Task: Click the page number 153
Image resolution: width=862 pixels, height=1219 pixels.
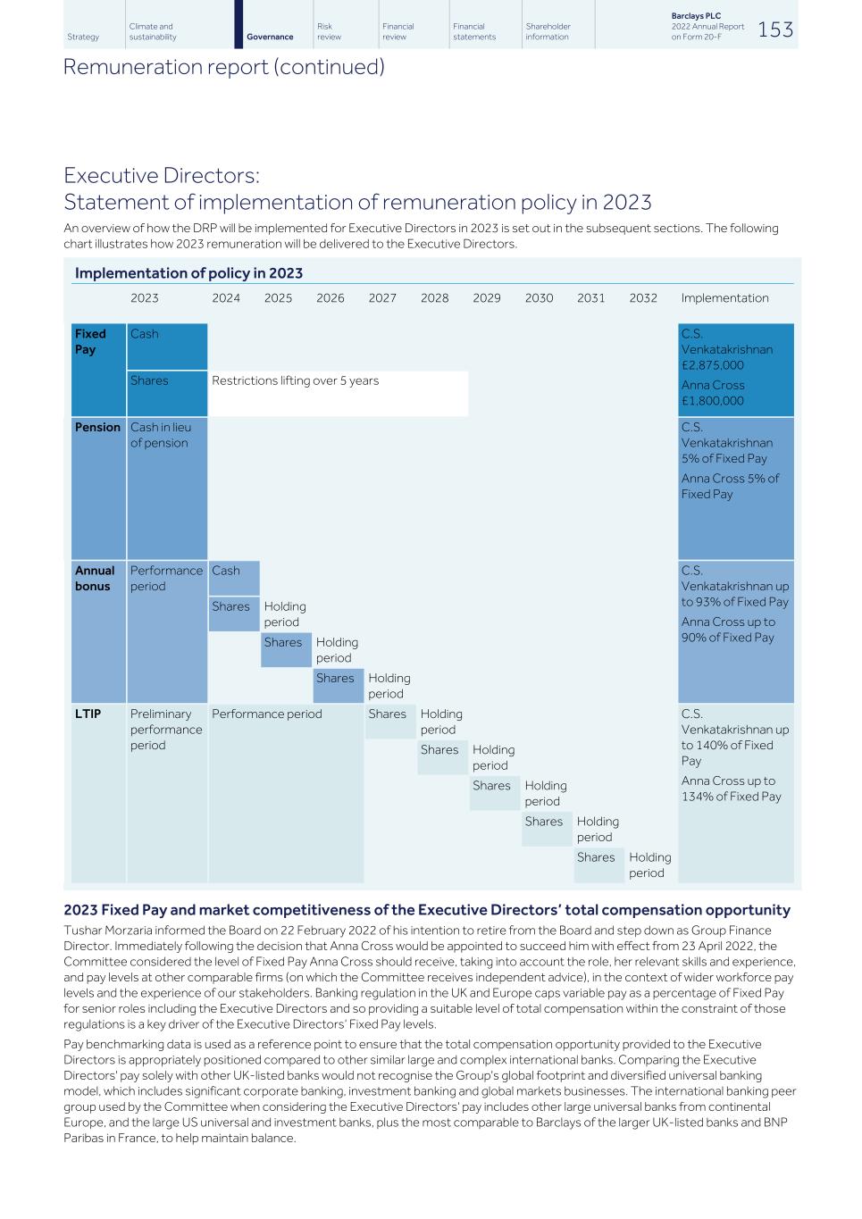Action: (x=774, y=29)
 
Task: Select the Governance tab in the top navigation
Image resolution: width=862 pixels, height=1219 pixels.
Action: (x=270, y=37)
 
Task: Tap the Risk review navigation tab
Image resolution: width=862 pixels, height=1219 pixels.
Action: (x=330, y=32)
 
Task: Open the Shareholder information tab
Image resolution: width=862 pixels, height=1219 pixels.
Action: (x=548, y=32)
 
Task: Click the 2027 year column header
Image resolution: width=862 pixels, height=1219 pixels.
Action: (x=382, y=298)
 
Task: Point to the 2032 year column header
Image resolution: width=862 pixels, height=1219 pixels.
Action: (x=643, y=298)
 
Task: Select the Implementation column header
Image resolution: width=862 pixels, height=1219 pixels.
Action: (x=724, y=298)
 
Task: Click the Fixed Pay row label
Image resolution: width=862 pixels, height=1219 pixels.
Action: (x=90, y=342)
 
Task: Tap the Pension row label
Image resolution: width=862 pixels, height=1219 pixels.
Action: (x=97, y=427)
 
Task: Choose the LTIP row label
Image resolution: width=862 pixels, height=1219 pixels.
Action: (x=88, y=714)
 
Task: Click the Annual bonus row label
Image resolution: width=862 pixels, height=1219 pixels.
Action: (x=94, y=578)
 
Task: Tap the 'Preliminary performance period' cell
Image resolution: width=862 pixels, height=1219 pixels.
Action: (x=166, y=730)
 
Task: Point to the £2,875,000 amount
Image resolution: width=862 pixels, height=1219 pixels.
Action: (x=713, y=364)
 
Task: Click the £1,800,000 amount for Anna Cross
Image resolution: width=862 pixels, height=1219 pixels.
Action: (x=713, y=401)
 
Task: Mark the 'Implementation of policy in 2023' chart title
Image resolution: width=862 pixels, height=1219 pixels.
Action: (x=188, y=273)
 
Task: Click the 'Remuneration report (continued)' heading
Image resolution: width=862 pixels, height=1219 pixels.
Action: (x=223, y=67)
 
